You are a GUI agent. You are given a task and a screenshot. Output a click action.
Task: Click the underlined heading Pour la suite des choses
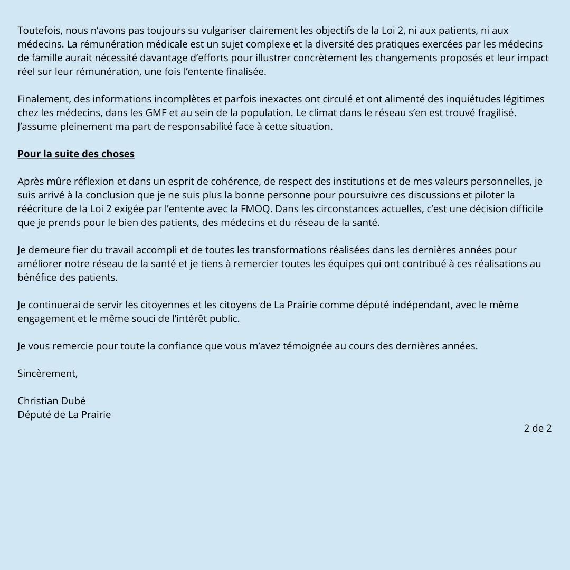76,154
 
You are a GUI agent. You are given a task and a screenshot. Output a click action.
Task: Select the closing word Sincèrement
47,374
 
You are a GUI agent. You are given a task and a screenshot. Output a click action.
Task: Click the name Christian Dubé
52,401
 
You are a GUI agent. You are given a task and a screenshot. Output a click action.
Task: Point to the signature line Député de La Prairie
64,415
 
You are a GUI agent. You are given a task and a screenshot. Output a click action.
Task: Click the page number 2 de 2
537,429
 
